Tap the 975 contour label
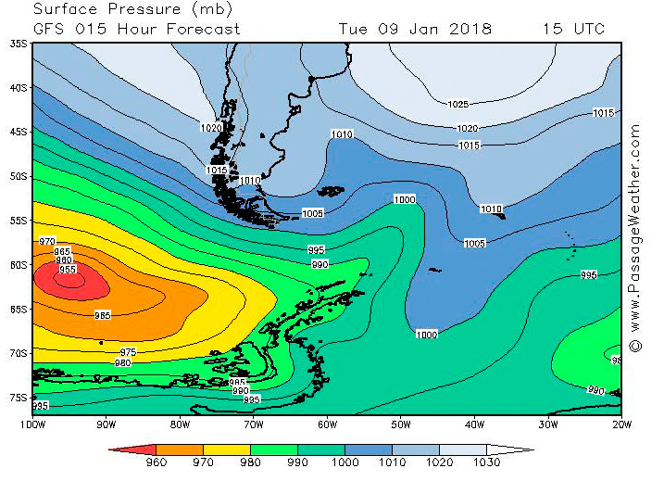pyautogui.click(x=129, y=352)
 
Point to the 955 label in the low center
pyautogui.click(x=68, y=270)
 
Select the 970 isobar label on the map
pyautogui.click(x=48, y=241)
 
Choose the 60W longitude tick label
pyautogui.click(x=326, y=425)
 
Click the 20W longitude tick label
pyautogui.click(x=621, y=425)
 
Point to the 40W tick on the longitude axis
pyautogui.click(x=474, y=425)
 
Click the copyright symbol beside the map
pyautogui.click(x=635, y=345)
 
